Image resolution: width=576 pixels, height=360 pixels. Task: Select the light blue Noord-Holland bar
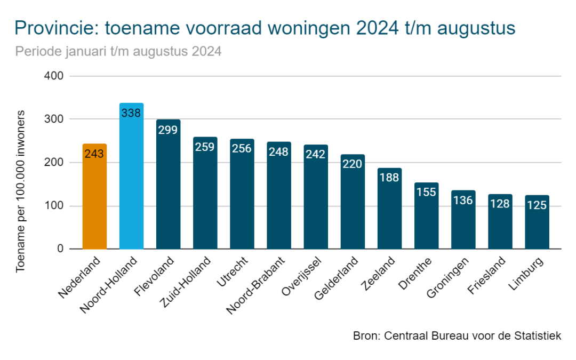131,176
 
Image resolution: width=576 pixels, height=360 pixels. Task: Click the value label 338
131,113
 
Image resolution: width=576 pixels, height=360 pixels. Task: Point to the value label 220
353,164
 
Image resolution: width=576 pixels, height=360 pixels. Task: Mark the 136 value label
463,201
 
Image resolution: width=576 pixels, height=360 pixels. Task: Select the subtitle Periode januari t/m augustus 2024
118,52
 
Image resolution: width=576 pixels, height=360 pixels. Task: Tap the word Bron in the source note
364,336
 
